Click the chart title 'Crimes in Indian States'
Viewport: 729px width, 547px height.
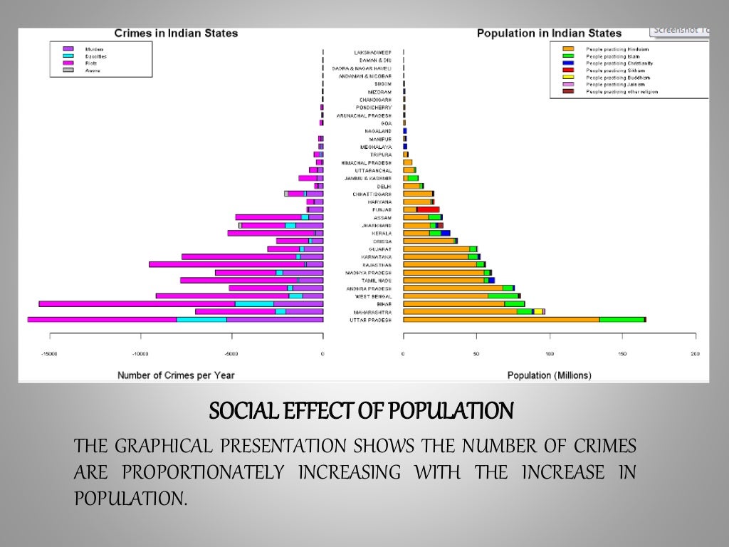point(176,33)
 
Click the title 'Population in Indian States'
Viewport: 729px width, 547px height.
point(549,33)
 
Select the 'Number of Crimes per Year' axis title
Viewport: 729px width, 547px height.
point(176,375)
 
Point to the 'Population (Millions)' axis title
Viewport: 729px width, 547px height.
point(549,375)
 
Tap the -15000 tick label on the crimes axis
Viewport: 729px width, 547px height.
point(48,353)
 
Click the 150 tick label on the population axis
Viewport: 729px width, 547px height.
point(622,353)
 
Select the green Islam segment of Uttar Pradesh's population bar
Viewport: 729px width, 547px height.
point(622,320)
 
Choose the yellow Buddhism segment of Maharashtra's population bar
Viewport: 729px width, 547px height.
point(538,312)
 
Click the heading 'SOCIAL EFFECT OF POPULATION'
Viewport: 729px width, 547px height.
point(361,411)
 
